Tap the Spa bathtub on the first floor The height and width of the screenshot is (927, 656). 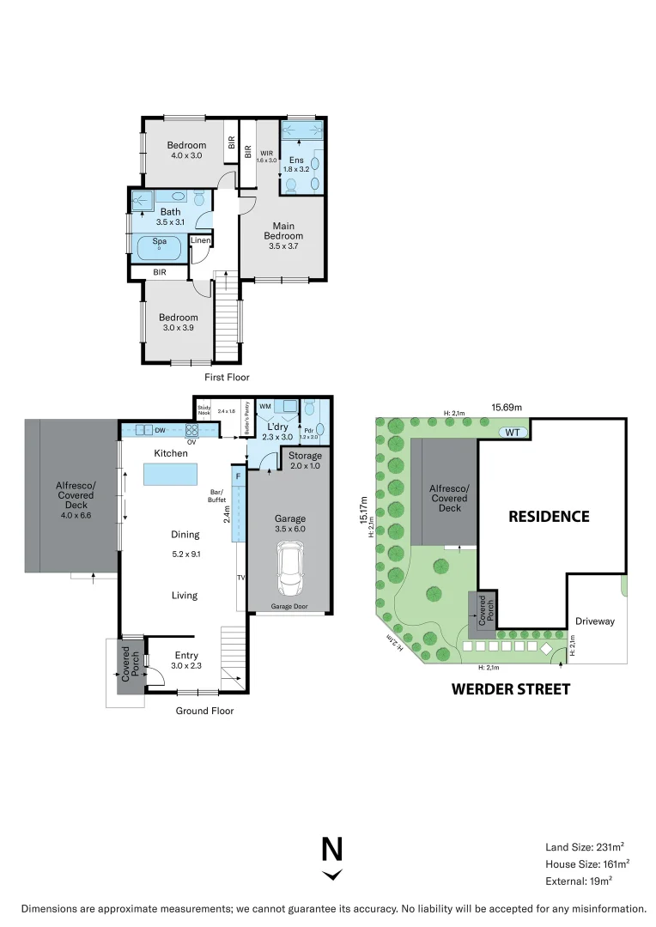click(160, 245)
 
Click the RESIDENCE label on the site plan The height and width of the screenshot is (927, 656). click(549, 516)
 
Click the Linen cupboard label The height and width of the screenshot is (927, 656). click(200, 241)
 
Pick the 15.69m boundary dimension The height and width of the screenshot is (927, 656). click(507, 408)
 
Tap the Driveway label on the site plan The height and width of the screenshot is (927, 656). click(595, 621)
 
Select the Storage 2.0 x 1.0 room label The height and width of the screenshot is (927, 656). click(304, 459)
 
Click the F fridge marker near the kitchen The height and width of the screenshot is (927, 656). click(238, 474)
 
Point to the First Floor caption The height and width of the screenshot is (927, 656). click(227, 377)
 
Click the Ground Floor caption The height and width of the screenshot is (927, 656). click(204, 711)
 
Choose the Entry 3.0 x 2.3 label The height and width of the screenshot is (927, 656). click(186, 659)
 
